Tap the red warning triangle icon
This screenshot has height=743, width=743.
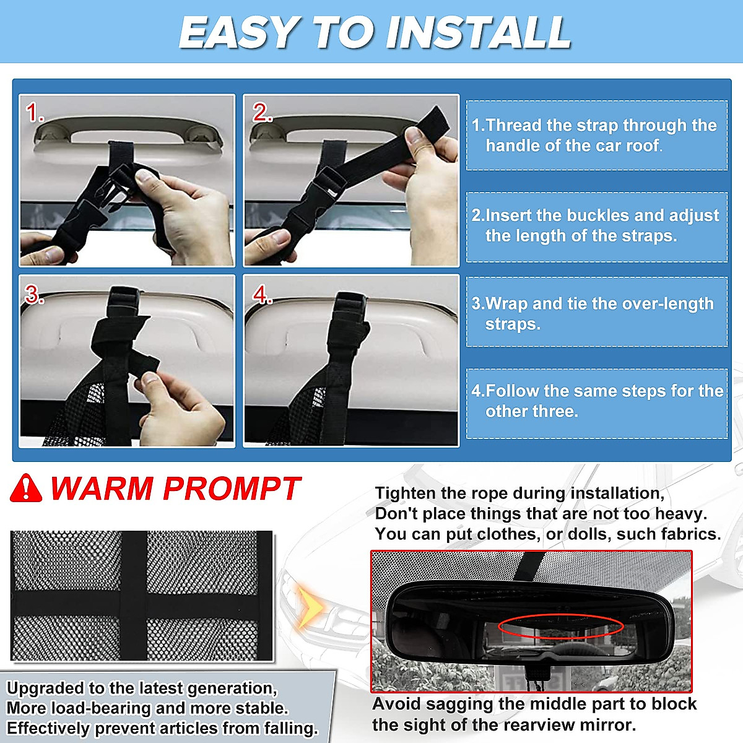pos(26,489)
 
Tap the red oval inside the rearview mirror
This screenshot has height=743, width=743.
pos(560,626)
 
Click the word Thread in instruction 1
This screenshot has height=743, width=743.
pos(513,125)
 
